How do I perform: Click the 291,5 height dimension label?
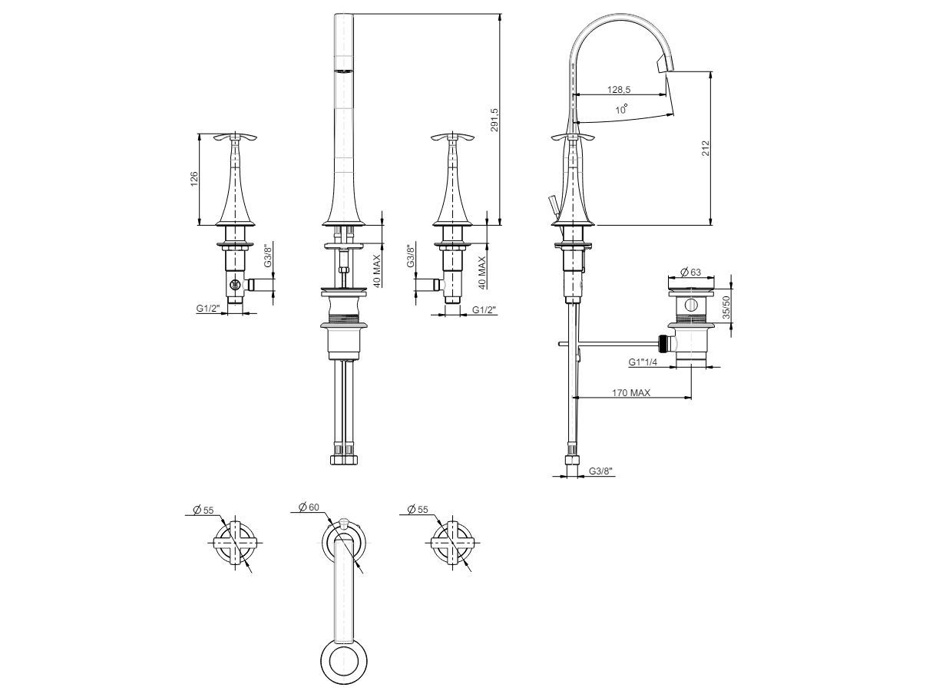(x=494, y=120)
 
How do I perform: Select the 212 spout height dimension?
(x=706, y=148)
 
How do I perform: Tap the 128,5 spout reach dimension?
(x=619, y=89)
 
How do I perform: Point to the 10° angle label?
(x=621, y=109)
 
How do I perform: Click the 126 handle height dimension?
(x=193, y=179)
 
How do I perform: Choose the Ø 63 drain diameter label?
(x=690, y=272)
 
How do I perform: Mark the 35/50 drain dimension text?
(x=726, y=306)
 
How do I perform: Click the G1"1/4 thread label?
(x=643, y=362)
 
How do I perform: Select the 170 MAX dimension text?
(x=631, y=392)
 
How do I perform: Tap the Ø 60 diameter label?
(x=309, y=507)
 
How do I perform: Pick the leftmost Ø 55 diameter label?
(x=203, y=510)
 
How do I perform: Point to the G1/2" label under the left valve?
(x=208, y=308)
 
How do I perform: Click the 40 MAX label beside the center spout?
(x=377, y=271)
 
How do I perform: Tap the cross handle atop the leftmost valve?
(x=235, y=137)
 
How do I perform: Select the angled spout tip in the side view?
(x=665, y=64)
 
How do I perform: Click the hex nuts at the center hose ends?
(x=344, y=459)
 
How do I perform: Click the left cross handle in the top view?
(x=235, y=543)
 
